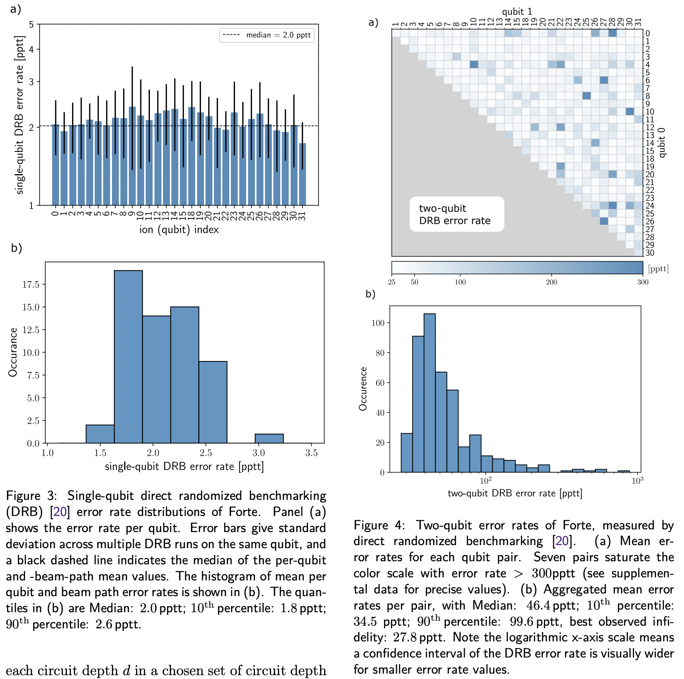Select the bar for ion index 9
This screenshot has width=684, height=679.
[132, 157]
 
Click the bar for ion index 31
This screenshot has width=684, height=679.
[303, 175]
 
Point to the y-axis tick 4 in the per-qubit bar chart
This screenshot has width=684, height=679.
[31, 49]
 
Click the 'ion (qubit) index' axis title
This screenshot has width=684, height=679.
[179, 229]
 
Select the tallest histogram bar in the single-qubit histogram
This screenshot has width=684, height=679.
[128, 357]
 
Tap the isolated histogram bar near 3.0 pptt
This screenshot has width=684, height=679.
[269, 438]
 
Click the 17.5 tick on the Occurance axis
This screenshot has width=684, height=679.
[31, 284]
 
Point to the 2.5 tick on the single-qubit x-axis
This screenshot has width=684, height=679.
[206, 453]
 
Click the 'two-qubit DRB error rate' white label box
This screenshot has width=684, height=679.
[456, 214]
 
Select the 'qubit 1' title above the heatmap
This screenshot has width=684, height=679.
[517, 12]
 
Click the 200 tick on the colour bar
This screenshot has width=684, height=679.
[551, 282]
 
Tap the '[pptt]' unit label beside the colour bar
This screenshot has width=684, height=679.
[658, 269]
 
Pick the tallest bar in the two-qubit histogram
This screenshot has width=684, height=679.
[429, 393]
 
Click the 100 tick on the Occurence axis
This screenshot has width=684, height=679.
[378, 323]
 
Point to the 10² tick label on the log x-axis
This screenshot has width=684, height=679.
[485, 481]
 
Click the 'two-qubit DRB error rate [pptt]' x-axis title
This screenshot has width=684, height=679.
[515, 493]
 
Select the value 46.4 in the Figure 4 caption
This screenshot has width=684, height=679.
[538, 605]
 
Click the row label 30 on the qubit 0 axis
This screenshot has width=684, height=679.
[650, 253]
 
